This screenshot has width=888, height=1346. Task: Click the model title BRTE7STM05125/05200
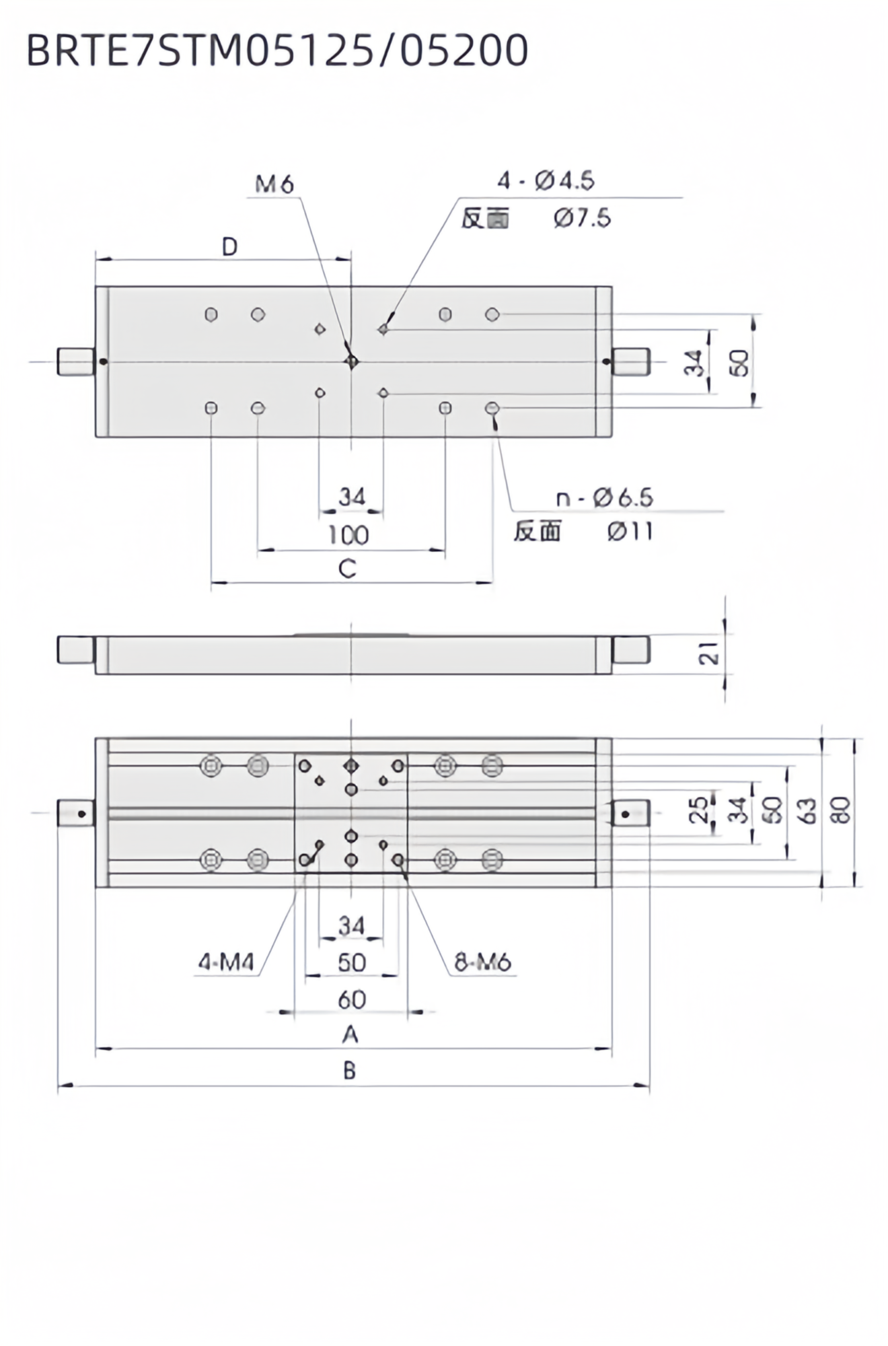pyautogui.click(x=277, y=51)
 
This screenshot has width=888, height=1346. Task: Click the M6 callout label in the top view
pyautogui.click(x=274, y=184)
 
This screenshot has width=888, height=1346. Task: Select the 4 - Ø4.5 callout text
pyautogui.click(x=546, y=180)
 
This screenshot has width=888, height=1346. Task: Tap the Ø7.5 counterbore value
pyautogui.click(x=583, y=218)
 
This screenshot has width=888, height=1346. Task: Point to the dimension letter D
pyautogui.click(x=230, y=247)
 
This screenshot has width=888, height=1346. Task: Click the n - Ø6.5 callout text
pyautogui.click(x=604, y=498)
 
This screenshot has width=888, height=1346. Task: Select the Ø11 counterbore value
pyautogui.click(x=630, y=532)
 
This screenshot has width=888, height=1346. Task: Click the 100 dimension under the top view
pyautogui.click(x=348, y=535)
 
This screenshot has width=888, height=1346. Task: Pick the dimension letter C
pyautogui.click(x=347, y=569)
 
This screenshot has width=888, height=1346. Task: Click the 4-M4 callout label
pyautogui.click(x=226, y=963)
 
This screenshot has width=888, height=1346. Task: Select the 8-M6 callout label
pyautogui.click(x=482, y=963)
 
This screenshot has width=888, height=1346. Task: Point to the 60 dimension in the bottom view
pyautogui.click(x=351, y=1000)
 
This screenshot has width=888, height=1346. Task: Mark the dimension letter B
pyautogui.click(x=350, y=1071)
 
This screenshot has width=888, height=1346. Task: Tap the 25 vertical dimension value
pyautogui.click(x=700, y=810)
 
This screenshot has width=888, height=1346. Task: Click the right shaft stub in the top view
pyautogui.click(x=631, y=362)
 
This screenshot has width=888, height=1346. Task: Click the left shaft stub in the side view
pyautogui.click(x=75, y=650)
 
